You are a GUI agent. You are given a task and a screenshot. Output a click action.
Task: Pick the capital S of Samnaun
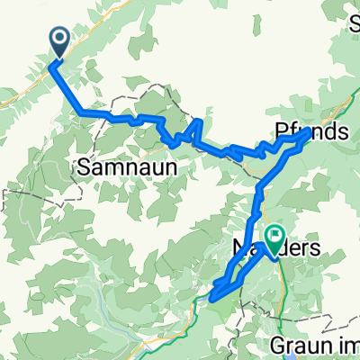tap(85, 167)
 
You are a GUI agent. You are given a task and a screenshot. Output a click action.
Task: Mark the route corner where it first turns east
tap(82, 112)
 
